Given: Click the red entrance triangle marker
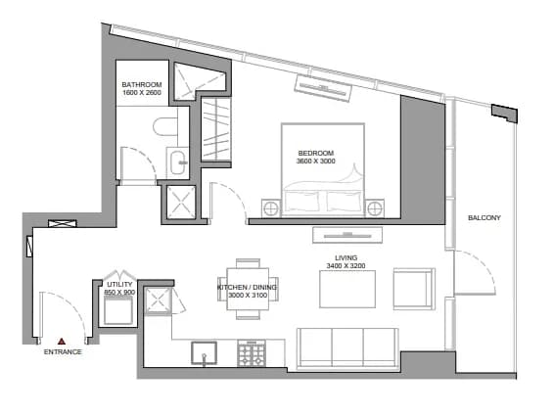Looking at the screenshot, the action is pos(62,341).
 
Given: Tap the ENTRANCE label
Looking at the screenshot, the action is pos(63,352).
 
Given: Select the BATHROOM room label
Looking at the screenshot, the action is pos(142,84).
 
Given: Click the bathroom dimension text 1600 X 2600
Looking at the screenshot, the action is pos(142,93).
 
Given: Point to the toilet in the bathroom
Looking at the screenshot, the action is pos(165,126).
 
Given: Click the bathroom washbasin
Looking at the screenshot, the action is pos(177,162).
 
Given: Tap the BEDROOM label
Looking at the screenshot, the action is pos(316,153).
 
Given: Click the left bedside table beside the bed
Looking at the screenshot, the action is pos(271,208).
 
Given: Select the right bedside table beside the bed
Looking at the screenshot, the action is pos(375,208).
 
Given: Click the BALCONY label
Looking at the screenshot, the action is pos(484,218).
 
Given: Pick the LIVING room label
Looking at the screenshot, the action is pos(346,257).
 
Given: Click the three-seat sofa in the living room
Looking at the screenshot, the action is pos(347,349).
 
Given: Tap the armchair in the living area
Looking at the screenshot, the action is pos(414,289).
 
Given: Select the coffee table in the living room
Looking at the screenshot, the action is pos(347,289).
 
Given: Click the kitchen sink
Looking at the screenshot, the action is pos(205,353).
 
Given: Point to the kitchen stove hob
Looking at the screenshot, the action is pos(252,353).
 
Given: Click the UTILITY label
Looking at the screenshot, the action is pos(120,284).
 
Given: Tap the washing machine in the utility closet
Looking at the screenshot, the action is pos(118,310).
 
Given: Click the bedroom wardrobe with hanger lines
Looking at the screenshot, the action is pos(216,129).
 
